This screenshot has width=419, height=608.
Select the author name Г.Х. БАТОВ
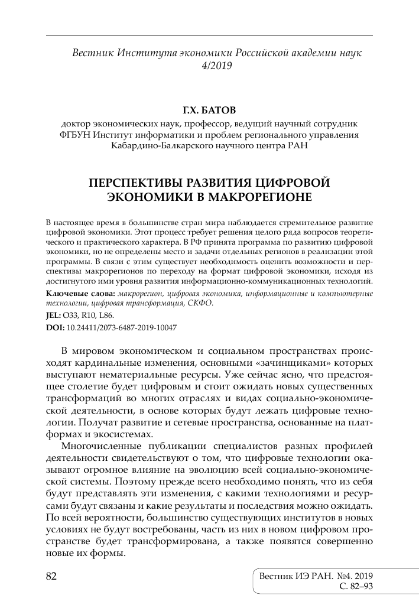[209, 111]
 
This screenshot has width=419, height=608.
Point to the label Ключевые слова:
[80, 294]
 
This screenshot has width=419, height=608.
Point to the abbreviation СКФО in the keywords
[200, 303]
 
